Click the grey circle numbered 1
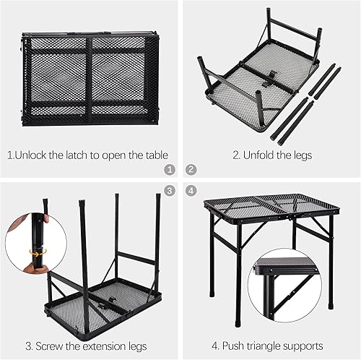pos(170,170)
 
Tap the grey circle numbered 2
pos(191,170)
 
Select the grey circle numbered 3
pos(170,191)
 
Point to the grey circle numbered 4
pos(191,191)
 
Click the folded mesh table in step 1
pos(90,79)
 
